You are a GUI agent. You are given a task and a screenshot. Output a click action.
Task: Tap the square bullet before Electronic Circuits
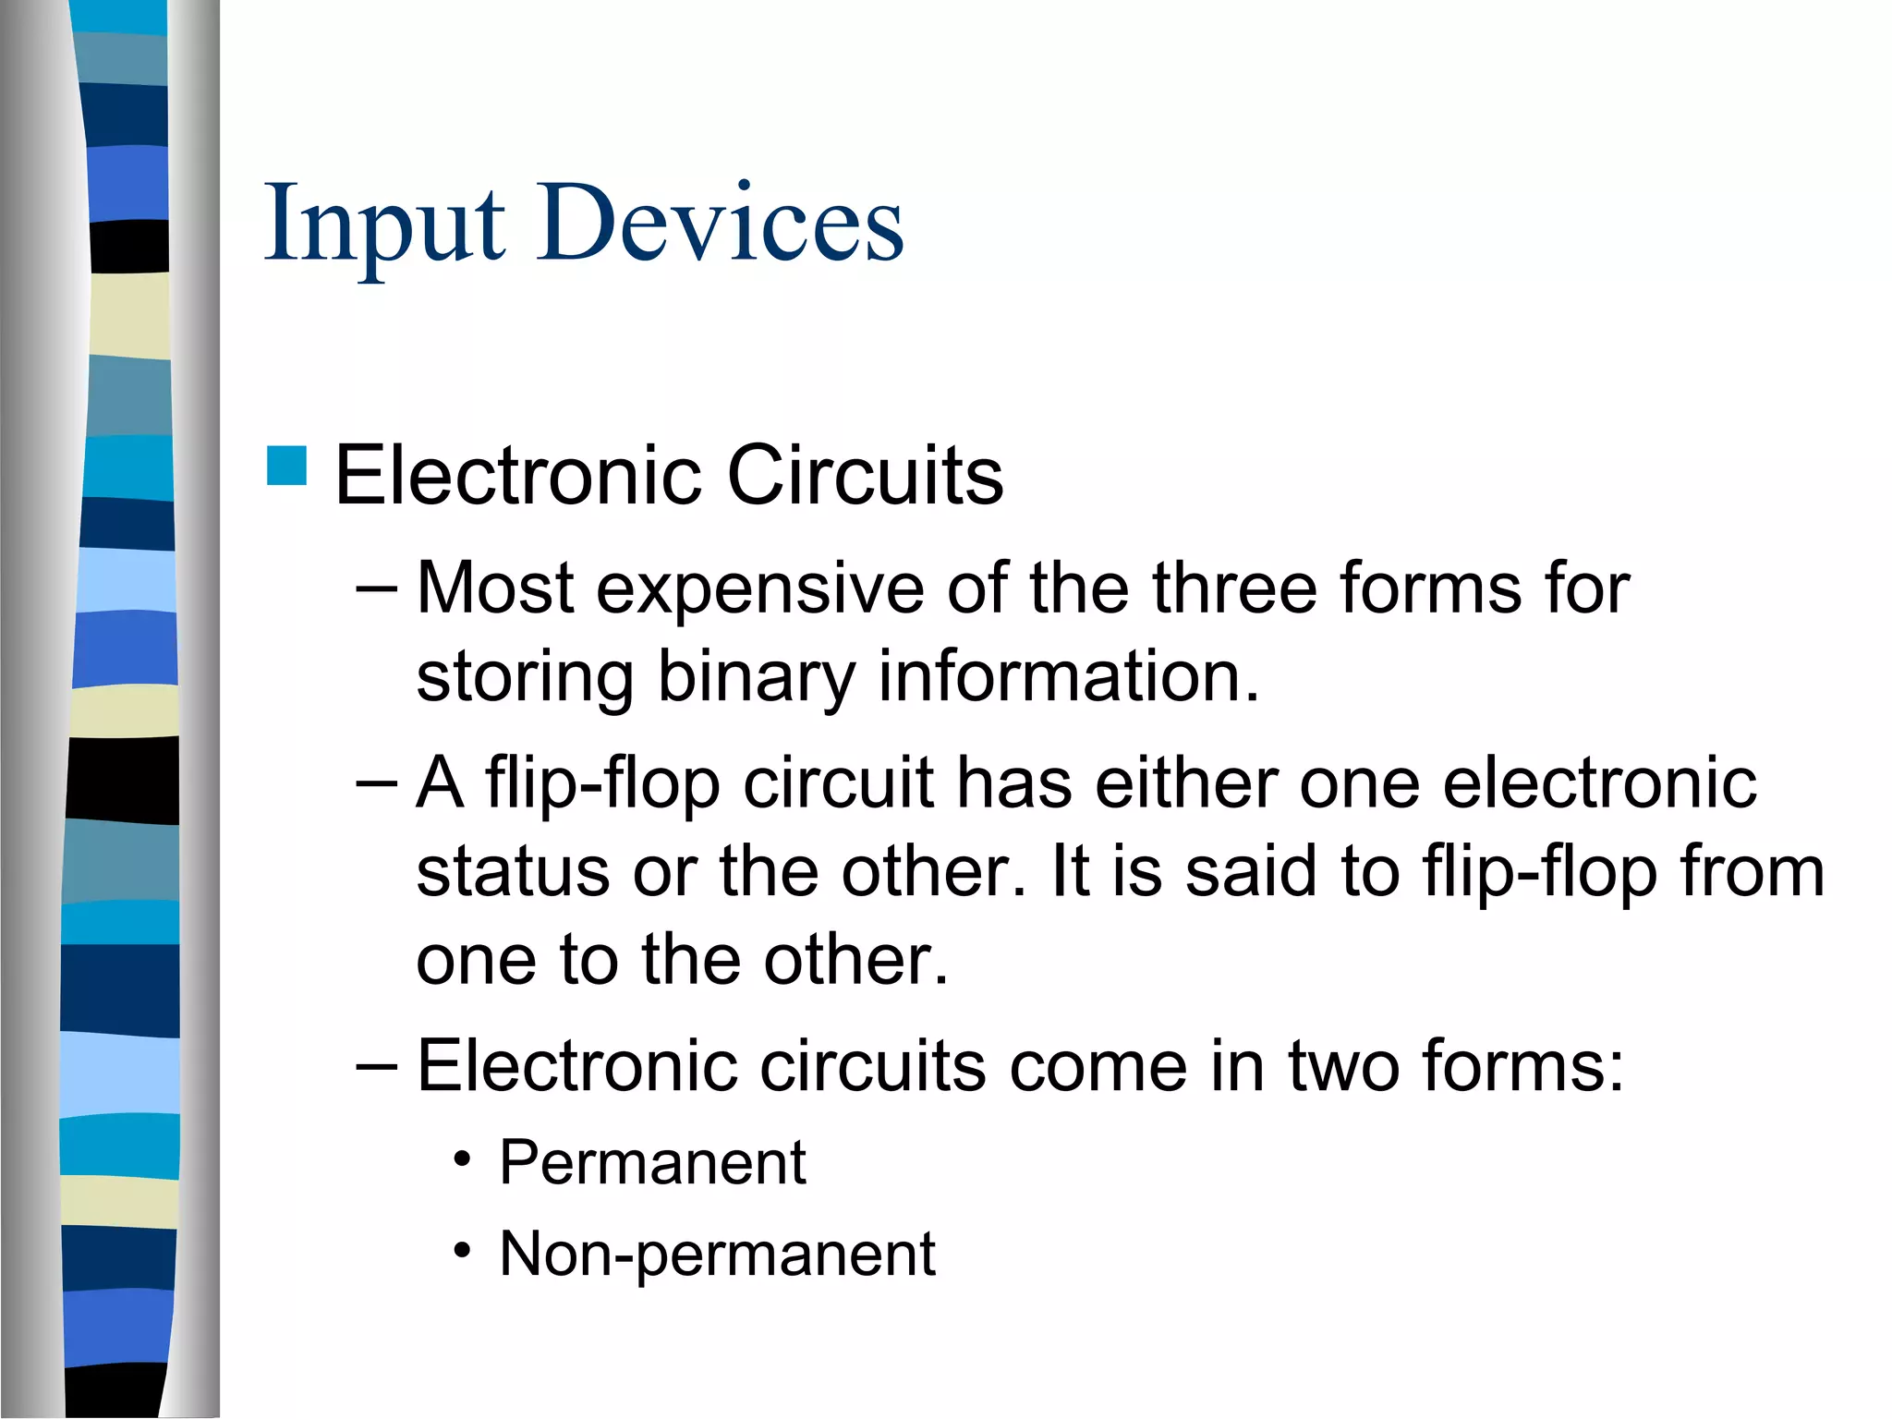286,466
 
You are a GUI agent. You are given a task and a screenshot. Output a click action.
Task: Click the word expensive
759,588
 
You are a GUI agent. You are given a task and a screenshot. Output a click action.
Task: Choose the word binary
756,677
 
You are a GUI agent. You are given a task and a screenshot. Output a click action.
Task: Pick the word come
1098,1066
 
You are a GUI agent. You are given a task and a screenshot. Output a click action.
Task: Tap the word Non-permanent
717,1255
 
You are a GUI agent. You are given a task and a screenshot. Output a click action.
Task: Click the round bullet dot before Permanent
463,1159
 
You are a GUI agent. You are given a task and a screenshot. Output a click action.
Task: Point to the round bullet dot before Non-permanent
463,1252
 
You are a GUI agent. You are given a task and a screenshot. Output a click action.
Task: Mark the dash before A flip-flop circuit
376,783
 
